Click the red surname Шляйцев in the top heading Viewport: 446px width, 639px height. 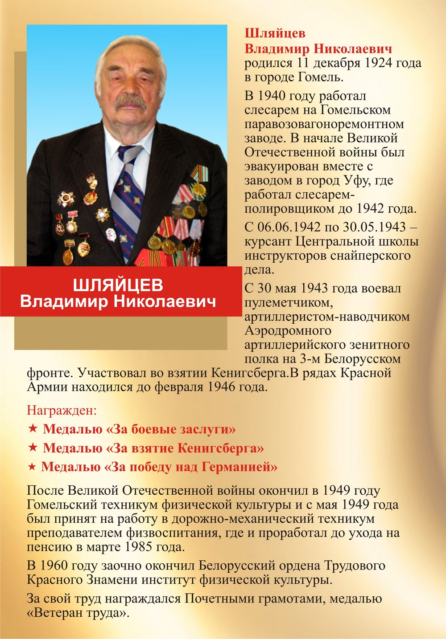275,33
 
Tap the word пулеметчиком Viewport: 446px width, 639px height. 289,303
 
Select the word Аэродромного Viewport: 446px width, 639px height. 288,331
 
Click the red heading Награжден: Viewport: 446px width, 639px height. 62,410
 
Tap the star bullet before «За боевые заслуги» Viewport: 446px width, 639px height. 33,429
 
